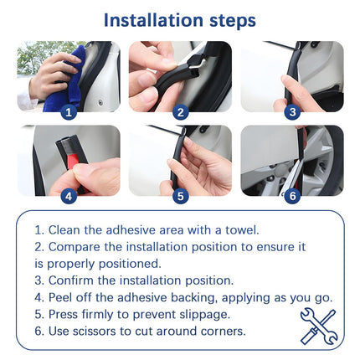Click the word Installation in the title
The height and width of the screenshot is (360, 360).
[153, 20]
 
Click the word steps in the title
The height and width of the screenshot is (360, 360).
[233, 21]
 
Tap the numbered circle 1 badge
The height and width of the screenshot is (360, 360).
[69, 112]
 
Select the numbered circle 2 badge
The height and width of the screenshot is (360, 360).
[181, 112]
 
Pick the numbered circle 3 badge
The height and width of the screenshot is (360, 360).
[292, 112]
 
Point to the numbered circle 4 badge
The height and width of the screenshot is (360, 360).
[69, 196]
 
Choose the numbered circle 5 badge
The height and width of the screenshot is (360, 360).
[181, 196]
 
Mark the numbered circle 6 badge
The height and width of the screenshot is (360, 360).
[292, 196]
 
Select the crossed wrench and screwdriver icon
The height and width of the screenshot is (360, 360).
[319, 327]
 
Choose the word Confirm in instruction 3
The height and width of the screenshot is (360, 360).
[70, 280]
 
